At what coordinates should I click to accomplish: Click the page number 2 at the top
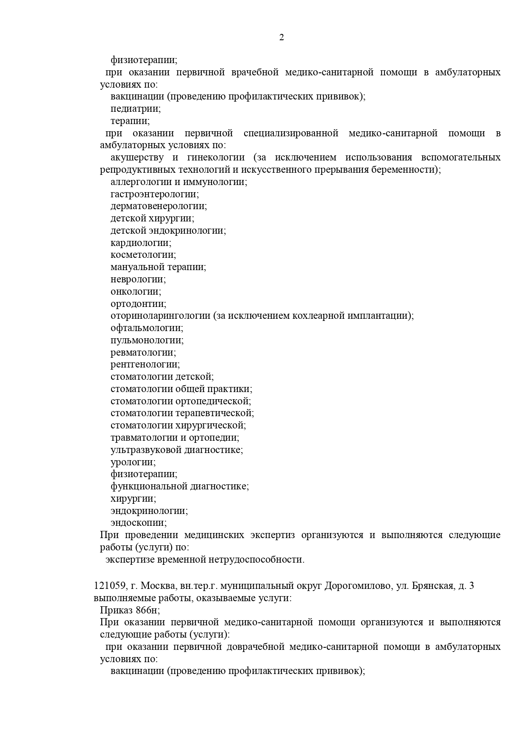point(281,38)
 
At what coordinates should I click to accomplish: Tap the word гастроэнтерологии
point(155,194)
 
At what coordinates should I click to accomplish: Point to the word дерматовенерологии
point(159,206)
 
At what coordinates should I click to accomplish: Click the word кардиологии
point(141,243)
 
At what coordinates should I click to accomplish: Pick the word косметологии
point(143,255)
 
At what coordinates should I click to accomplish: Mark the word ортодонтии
point(138,304)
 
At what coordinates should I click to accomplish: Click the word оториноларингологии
point(161,316)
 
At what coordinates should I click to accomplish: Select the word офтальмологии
point(147,328)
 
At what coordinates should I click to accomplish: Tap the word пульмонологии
point(147,340)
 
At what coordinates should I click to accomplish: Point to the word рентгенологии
point(145,365)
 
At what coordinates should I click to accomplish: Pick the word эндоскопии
point(139,523)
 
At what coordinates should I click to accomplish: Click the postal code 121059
point(110,586)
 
